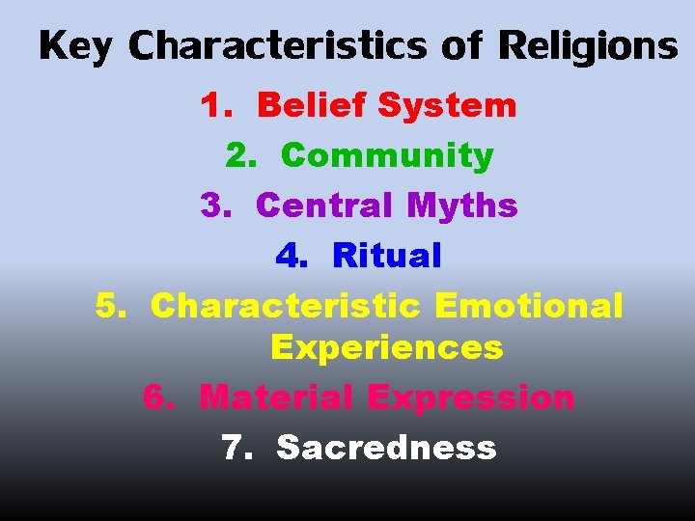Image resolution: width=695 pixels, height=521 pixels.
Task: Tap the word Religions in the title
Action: point(588,46)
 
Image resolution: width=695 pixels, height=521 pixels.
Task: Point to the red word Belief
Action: point(312,105)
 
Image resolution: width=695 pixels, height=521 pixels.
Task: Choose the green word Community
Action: point(387,155)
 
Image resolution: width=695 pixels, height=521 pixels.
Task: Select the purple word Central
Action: point(326,206)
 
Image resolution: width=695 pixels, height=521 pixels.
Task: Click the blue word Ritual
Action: point(386,256)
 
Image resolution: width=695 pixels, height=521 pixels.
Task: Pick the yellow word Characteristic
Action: point(286,306)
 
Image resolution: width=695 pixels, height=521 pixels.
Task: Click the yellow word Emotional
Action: point(529,306)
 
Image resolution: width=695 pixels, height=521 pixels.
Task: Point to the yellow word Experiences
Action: point(386,347)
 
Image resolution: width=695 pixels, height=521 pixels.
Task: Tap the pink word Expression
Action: point(471,398)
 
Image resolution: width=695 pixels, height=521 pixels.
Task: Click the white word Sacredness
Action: point(386,448)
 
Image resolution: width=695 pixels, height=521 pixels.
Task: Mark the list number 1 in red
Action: point(211,105)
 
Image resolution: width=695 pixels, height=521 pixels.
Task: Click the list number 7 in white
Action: point(234,448)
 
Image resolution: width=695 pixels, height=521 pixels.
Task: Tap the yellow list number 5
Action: point(109,306)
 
